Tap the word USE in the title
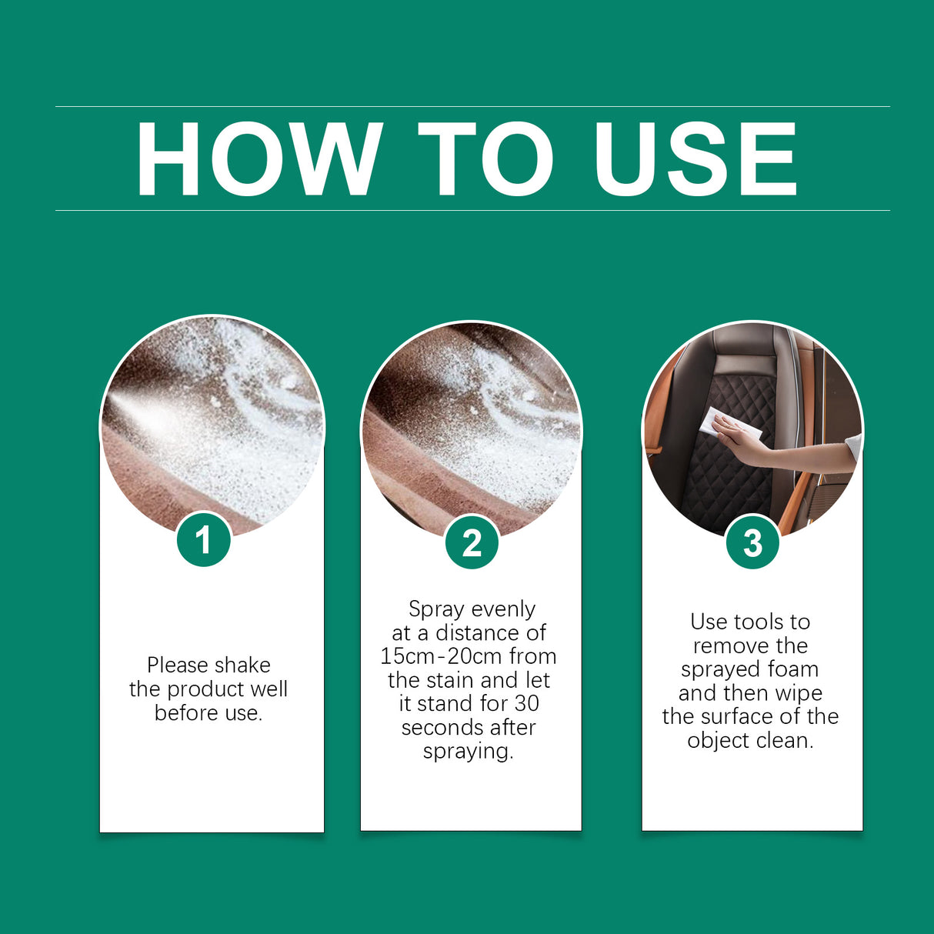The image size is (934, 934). tap(695, 159)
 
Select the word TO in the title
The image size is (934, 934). tap(486, 159)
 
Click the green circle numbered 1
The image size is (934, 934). tap(204, 540)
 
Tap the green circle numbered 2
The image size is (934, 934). tap(472, 542)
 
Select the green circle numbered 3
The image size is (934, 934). tap(752, 542)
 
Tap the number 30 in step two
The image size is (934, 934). tap(527, 704)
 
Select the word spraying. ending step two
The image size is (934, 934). tap(468, 752)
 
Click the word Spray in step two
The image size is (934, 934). tap(435, 610)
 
